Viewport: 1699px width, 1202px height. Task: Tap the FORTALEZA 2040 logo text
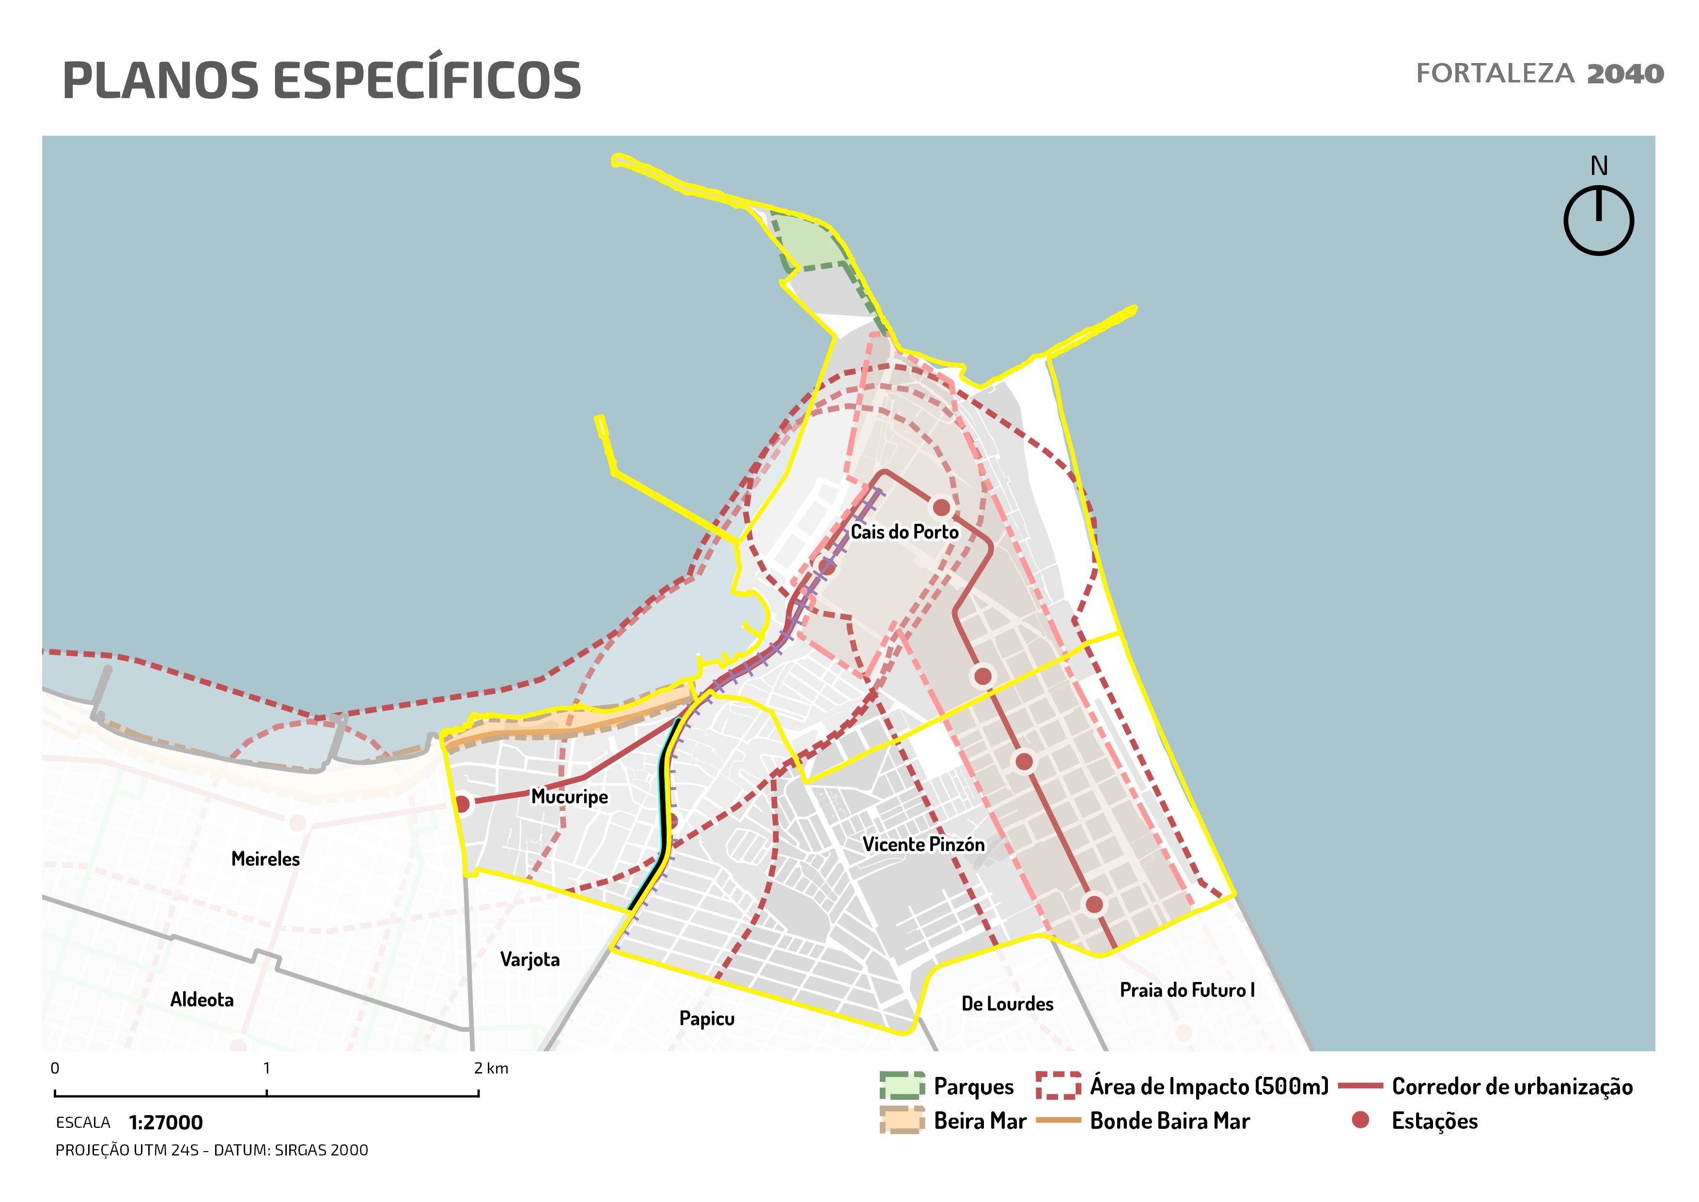[1539, 74]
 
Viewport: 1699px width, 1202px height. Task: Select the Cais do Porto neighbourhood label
[904, 532]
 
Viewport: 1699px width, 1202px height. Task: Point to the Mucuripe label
[569, 797]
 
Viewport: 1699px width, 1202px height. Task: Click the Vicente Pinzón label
[923, 844]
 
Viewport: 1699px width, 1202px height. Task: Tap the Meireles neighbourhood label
[265, 859]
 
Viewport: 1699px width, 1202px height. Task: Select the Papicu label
[707, 1019]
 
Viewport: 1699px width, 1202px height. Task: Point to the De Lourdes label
[1007, 1004]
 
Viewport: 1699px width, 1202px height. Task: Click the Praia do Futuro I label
[1187, 990]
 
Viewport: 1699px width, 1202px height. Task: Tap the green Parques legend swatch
[902, 1086]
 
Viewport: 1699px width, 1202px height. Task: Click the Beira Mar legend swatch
[902, 1121]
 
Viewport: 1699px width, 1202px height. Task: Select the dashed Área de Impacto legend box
[1058, 1086]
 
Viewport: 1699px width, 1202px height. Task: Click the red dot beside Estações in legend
[1359, 1121]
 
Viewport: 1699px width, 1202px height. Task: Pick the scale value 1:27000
[166, 1123]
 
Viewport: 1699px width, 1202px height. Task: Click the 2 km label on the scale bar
[491, 1069]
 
